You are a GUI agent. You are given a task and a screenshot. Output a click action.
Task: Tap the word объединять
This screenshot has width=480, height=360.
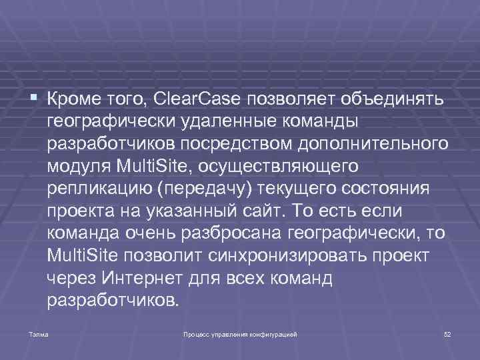(392, 100)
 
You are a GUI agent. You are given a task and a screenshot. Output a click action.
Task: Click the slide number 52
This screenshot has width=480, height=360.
(447, 333)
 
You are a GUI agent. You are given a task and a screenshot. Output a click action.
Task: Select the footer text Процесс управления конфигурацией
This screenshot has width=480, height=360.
(239, 333)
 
